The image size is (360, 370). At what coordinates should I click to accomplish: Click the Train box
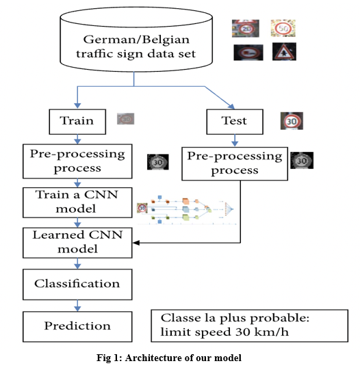[x=77, y=122]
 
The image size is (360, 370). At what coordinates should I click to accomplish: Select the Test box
[x=235, y=122]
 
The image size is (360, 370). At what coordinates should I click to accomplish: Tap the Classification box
[x=77, y=285]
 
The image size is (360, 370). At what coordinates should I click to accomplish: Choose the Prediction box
[x=77, y=327]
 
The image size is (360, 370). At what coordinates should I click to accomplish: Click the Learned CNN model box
[x=77, y=243]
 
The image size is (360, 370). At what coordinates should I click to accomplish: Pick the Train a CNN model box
[x=77, y=202]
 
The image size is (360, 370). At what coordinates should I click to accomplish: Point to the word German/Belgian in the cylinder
[x=136, y=40]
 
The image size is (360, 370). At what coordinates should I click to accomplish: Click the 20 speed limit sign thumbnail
[x=246, y=28]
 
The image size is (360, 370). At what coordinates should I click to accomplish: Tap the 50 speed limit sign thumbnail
[x=283, y=28]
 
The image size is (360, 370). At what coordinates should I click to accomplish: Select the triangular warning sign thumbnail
[x=284, y=52]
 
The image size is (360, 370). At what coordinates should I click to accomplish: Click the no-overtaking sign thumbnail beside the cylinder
[x=248, y=53]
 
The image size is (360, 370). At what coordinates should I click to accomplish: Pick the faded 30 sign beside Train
[x=125, y=119]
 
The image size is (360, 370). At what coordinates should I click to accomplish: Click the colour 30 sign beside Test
[x=292, y=121]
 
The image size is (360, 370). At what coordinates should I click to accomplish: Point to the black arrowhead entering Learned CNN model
[x=136, y=243]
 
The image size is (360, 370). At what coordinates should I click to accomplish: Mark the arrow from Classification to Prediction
[x=77, y=306]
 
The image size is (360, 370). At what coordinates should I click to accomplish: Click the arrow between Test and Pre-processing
[x=235, y=141]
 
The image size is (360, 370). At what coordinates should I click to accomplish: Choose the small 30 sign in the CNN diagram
[x=142, y=208]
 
